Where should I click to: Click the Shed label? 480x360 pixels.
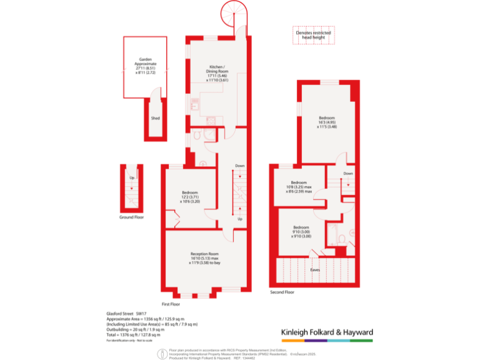click(154, 117)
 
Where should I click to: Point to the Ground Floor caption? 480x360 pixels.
click(132, 217)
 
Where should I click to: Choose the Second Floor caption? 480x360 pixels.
click(282, 292)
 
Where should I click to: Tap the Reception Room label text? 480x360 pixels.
click(205, 258)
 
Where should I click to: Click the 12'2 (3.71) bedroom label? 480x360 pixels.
click(190, 196)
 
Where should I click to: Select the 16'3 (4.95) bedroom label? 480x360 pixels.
click(327, 122)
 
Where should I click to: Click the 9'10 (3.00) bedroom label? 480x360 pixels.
click(301, 231)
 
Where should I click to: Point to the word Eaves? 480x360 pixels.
click(315, 270)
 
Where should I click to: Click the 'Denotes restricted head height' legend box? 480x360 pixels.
click(314, 35)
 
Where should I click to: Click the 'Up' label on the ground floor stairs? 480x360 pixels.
click(131, 178)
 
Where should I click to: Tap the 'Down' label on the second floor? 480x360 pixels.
click(348, 173)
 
